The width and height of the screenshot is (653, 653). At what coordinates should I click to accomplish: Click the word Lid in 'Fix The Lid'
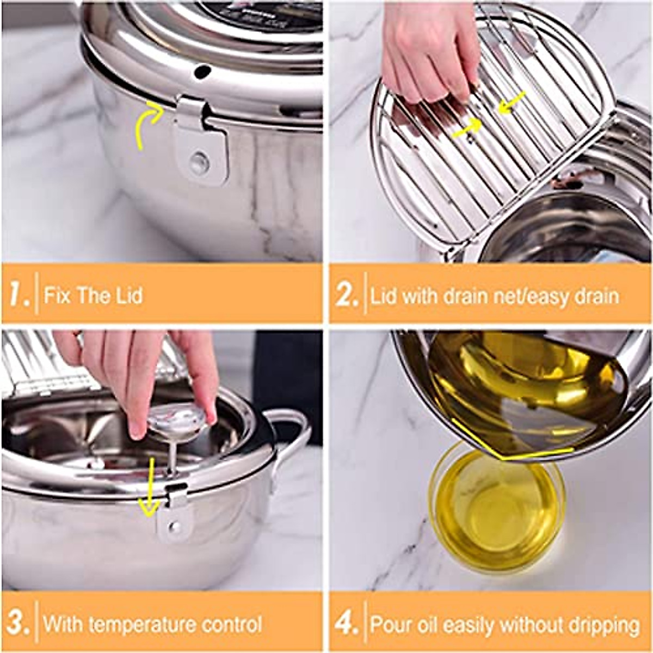coord(129,295)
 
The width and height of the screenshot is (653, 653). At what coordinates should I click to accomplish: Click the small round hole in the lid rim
coord(201,71)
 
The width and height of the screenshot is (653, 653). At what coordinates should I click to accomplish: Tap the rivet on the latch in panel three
coord(175,526)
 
